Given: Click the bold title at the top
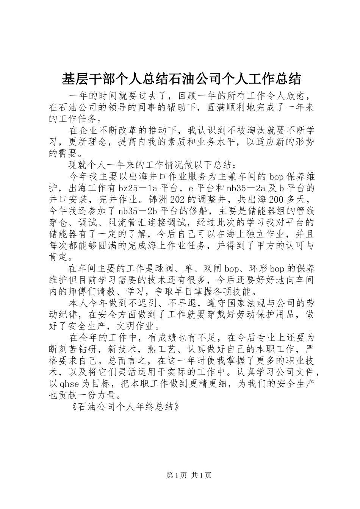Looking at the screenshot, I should [x=181, y=79].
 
